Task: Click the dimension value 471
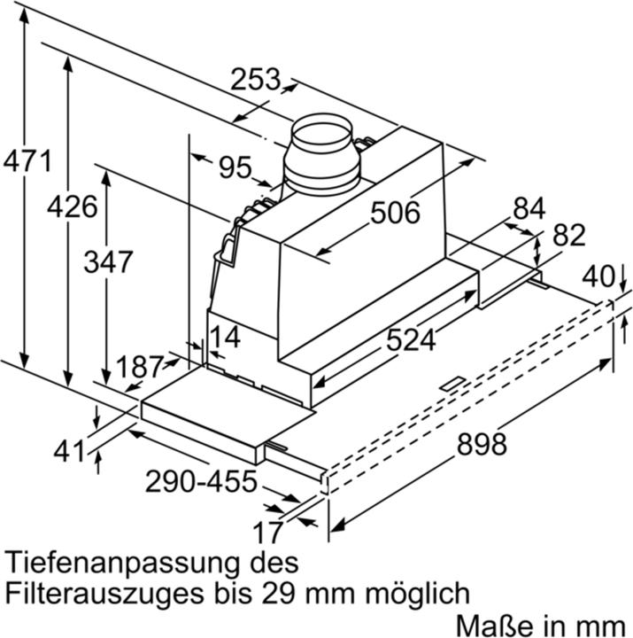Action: [x=27, y=162]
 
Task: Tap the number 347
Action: [x=108, y=261]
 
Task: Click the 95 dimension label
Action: [x=235, y=167]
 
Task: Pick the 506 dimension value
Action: [x=394, y=213]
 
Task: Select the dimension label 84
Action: [x=529, y=208]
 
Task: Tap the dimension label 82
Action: [x=569, y=236]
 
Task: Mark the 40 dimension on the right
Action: [x=598, y=276]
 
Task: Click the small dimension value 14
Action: [x=225, y=338]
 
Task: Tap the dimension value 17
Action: [x=266, y=532]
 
